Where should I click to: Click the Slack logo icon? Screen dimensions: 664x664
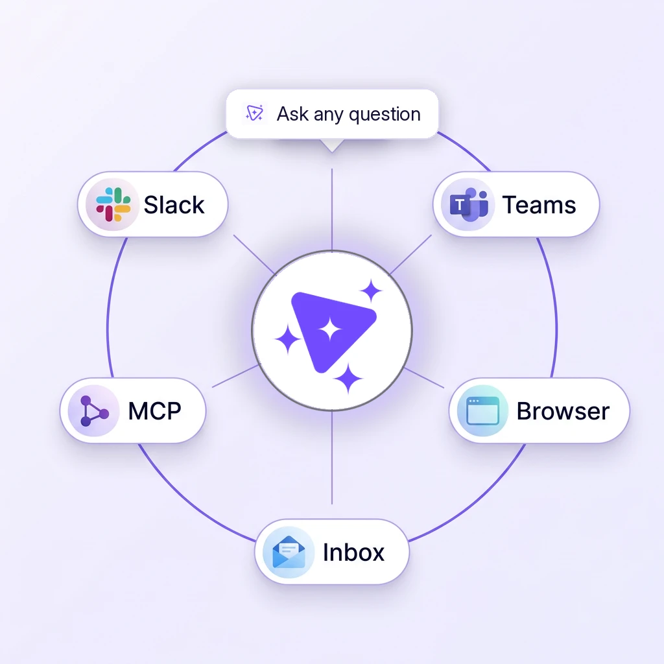[113, 204]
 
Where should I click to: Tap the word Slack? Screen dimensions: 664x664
[174, 205]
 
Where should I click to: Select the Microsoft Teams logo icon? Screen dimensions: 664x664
[469, 205]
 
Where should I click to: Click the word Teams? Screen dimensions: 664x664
[539, 205]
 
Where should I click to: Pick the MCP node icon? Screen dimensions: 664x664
[94, 410]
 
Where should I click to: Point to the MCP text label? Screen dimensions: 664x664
[154, 410]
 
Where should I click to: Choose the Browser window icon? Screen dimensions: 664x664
[482, 410]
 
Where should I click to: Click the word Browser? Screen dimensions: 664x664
[563, 411]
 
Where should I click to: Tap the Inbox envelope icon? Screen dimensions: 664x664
[289, 552]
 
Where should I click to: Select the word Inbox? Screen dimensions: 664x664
[353, 552]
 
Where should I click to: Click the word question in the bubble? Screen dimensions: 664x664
[385, 115]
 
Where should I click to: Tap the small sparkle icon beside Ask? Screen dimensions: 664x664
[254, 113]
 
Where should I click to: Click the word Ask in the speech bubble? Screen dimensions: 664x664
[292, 114]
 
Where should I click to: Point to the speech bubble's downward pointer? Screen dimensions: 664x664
[332, 145]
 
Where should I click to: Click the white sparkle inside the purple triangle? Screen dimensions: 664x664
[330, 330]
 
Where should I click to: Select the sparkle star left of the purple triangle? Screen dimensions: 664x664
[288, 338]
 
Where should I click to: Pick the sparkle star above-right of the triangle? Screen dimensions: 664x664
[371, 291]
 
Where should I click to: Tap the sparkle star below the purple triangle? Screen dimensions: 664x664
[348, 378]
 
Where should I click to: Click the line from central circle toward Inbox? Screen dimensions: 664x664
[332, 457]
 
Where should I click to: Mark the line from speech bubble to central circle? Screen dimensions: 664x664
[332, 209]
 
